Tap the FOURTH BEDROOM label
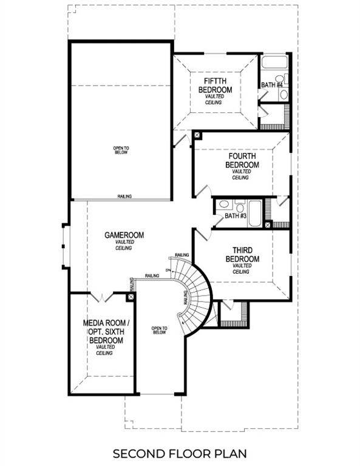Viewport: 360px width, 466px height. tap(242, 160)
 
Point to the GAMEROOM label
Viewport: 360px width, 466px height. tap(125, 235)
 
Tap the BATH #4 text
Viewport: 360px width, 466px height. tap(272, 85)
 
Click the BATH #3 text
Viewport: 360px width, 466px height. tap(235, 216)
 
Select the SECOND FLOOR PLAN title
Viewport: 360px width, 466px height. tap(180, 453)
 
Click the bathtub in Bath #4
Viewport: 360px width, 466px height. tap(274, 62)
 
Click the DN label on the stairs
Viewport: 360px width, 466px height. tap(168, 269)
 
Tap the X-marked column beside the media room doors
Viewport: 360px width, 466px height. tap(131, 297)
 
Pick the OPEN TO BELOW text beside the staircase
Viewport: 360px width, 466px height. tap(159, 331)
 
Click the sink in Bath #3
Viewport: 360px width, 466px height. tap(223, 205)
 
